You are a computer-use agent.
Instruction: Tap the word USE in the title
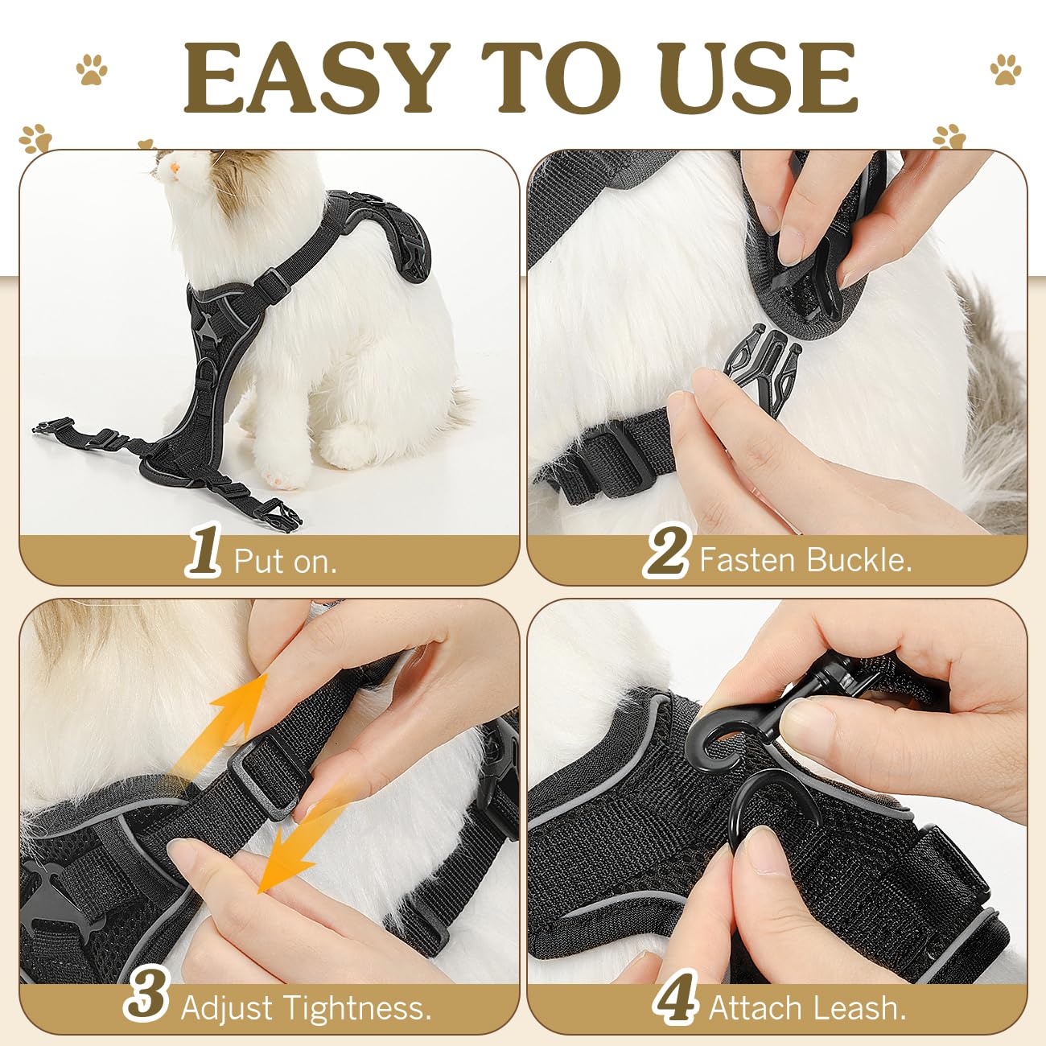[x=762, y=78]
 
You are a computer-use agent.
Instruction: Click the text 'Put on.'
[x=285, y=561]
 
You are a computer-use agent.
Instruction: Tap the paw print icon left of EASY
[x=93, y=70]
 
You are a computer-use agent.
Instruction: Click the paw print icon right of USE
[x=1005, y=70]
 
